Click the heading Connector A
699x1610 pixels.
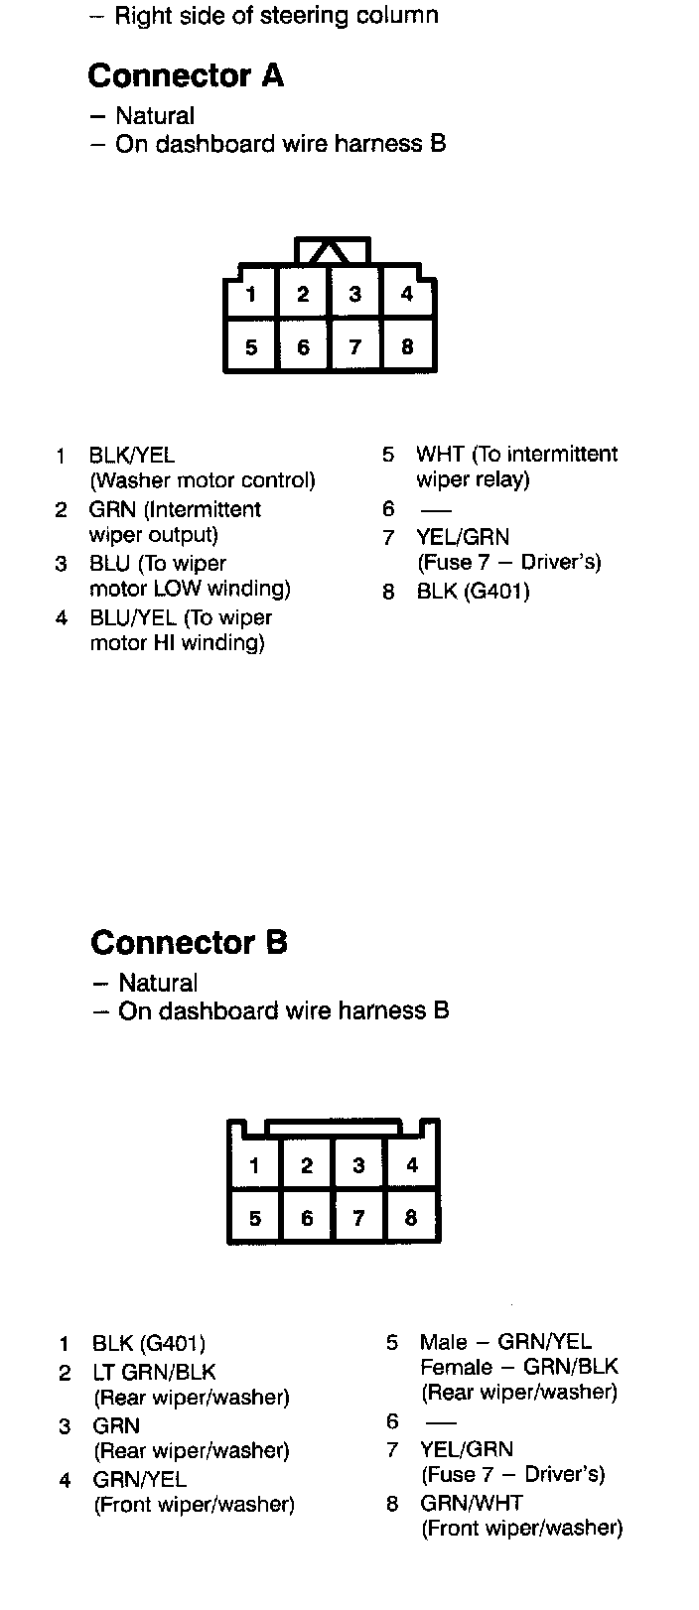[x=186, y=76]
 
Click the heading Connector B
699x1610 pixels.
[x=189, y=943]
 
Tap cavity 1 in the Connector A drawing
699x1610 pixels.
[x=251, y=294]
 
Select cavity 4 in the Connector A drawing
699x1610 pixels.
[x=407, y=294]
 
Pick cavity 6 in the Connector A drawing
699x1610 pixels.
[x=303, y=346]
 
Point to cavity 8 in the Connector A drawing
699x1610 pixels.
[x=407, y=346]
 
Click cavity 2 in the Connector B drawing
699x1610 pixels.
[x=307, y=1165]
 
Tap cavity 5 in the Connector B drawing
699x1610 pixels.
[x=255, y=1218]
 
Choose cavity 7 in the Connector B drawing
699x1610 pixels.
[x=358, y=1218]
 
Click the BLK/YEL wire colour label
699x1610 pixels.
[x=132, y=456]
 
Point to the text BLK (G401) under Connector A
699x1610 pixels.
[x=473, y=592]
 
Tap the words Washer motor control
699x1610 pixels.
[x=203, y=481]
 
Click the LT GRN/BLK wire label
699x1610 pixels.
[x=154, y=1373]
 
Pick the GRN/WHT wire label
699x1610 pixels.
[x=472, y=1503]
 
